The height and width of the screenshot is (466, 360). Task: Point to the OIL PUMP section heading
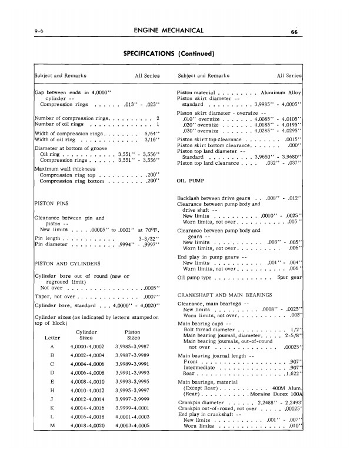point(191,181)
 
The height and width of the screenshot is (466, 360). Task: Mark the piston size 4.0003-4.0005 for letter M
point(132,457)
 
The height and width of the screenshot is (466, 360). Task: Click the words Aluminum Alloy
point(281,93)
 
